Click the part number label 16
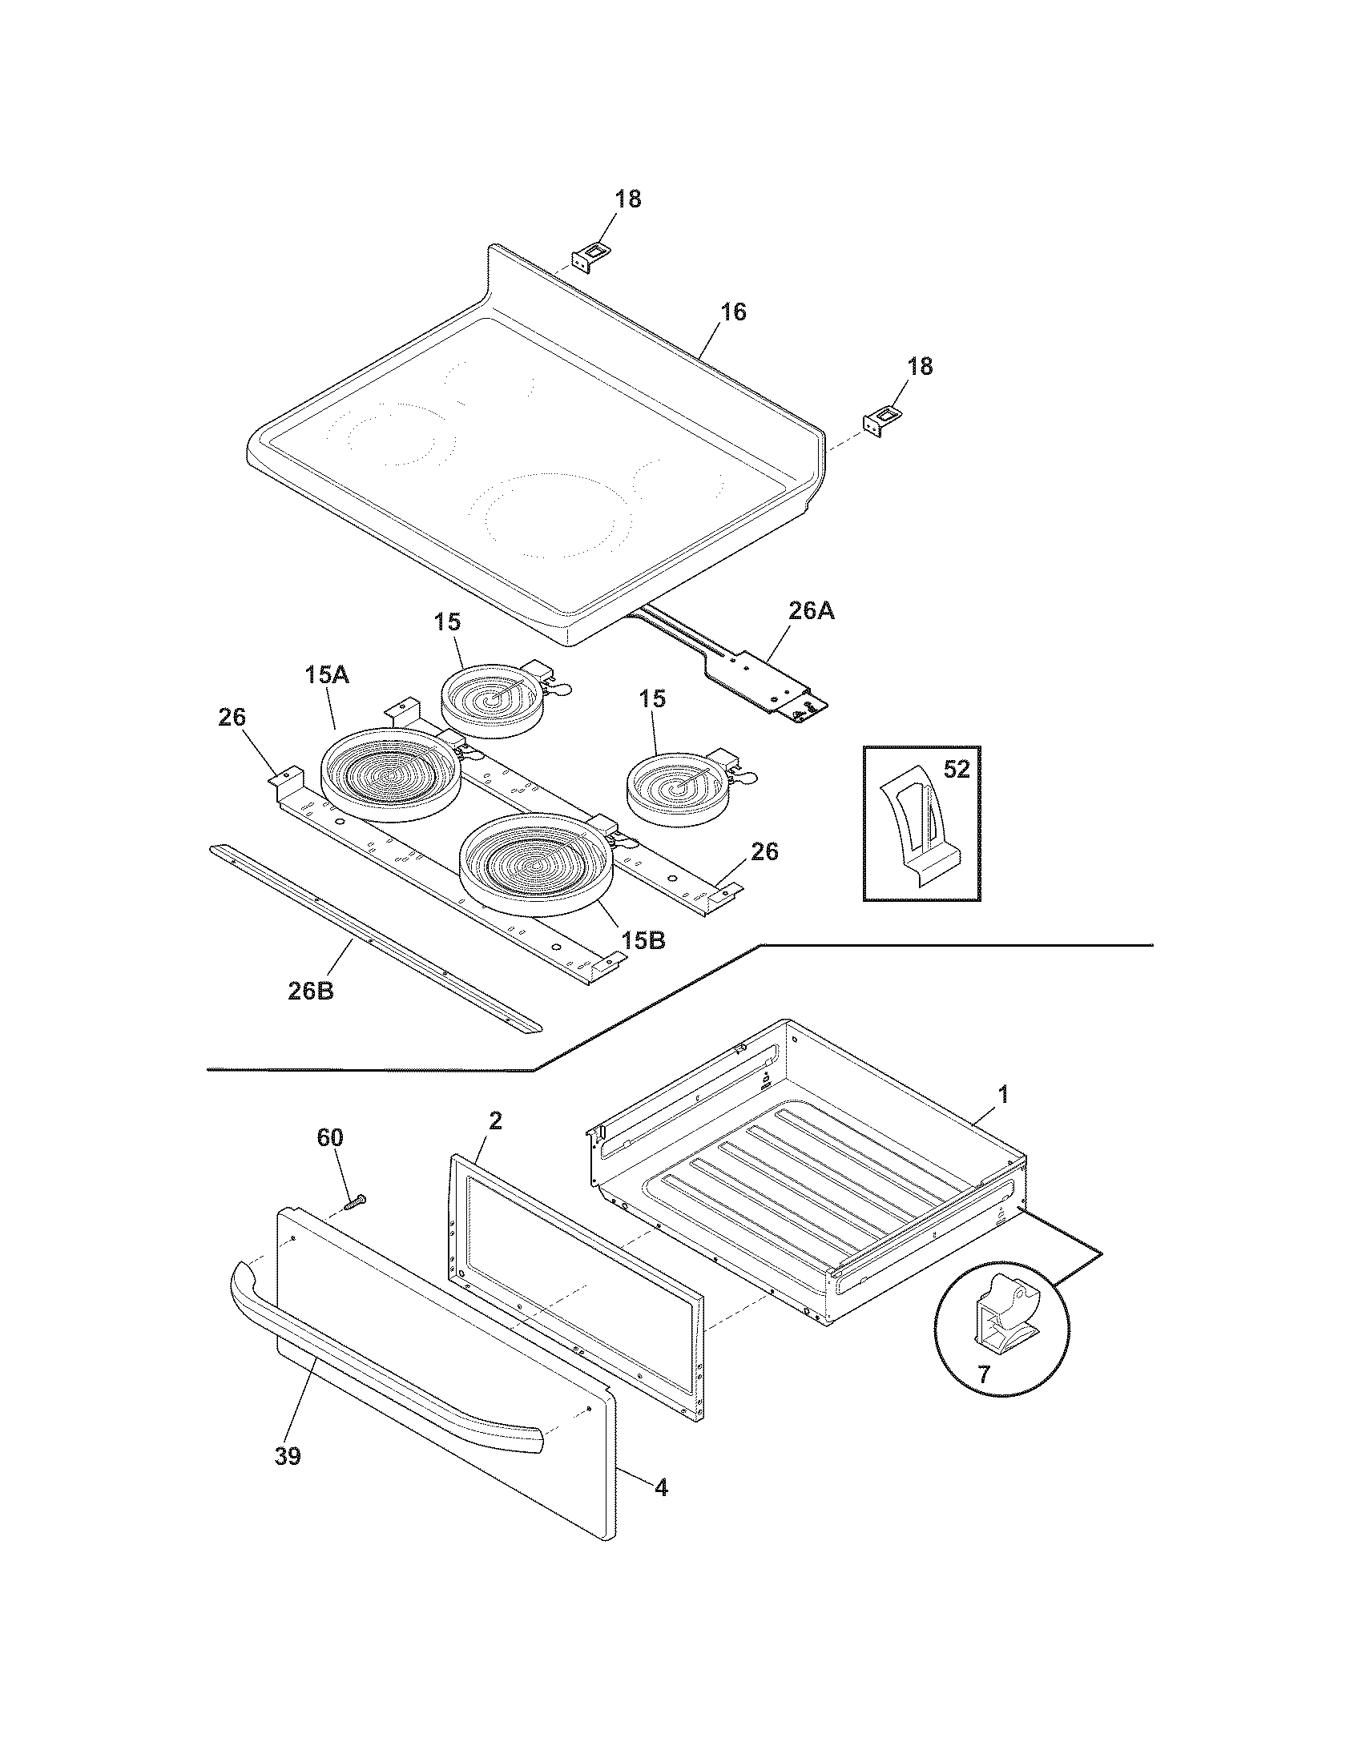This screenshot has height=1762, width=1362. click(x=732, y=312)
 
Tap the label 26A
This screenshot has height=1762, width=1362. click(x=811, y=612)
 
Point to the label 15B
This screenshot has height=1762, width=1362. click(x=643, y=940)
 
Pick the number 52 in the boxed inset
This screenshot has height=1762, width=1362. click(x=956, y=770)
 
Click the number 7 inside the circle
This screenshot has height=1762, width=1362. click(x=984, y=1373)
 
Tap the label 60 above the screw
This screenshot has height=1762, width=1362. click(x=329, y=1137)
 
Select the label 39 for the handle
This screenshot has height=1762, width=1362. click(x=288, y=1456)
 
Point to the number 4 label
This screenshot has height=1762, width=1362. click(x=661, y=1488)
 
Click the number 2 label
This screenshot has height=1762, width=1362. click(x=495, y=1120)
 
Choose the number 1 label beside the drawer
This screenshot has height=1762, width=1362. click(x=1003, y=1095)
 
